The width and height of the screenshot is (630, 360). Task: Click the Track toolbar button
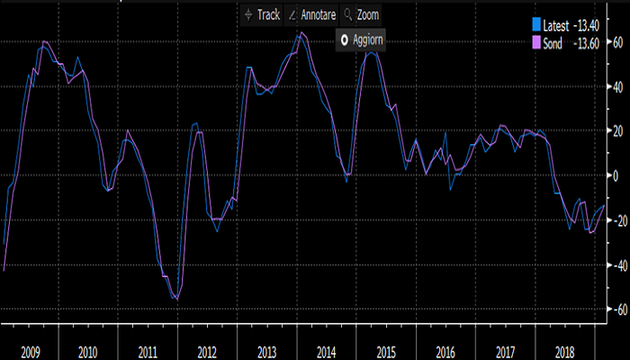click(x=261, y=15)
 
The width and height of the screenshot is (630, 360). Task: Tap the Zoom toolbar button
click(x=361, y=15)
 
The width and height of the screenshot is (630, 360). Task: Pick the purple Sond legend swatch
click(x=536, y=42)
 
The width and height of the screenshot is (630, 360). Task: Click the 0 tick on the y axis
click(x=616, y=175)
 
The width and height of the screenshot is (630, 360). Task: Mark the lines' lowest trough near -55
click(x=176, y=299)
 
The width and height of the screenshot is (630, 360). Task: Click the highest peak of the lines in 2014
click(x=301, y=33)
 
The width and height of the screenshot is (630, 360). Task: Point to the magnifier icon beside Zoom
click(x=346, y=15)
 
